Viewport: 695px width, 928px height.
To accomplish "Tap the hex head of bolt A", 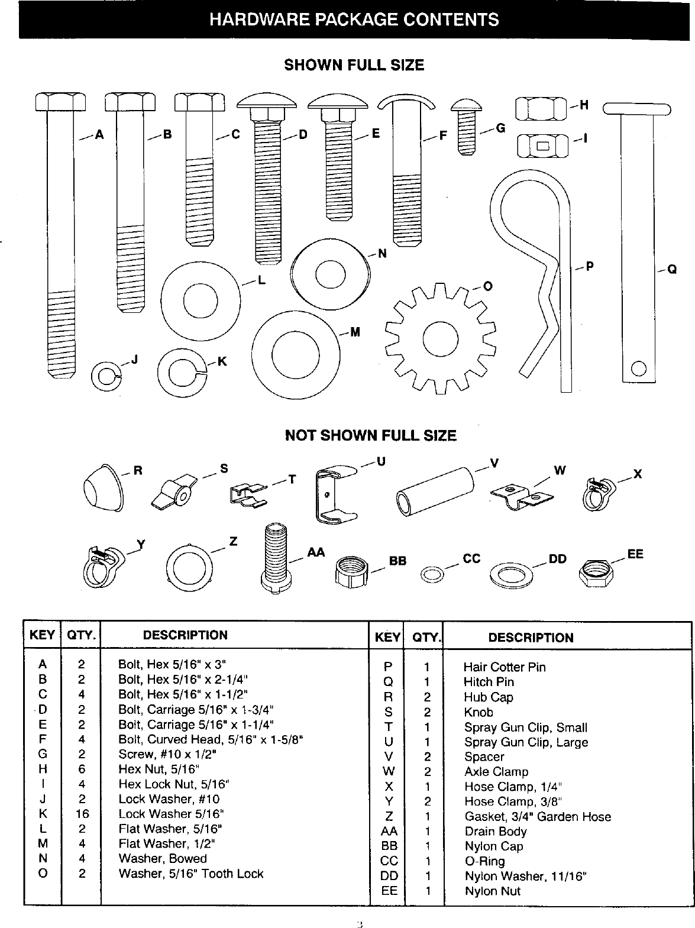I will click(60, 102).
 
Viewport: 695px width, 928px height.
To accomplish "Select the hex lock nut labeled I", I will click(542, 145).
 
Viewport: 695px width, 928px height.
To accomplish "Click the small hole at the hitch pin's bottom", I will click(638, 368).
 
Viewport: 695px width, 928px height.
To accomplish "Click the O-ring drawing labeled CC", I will click(432, 573).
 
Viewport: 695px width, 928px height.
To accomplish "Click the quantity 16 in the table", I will click(82, 814).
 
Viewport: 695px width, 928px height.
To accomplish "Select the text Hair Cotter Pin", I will click(504, 667).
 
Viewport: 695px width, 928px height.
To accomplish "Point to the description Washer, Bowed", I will click(163, 859).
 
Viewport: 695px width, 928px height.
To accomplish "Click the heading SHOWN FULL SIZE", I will click(354, 65).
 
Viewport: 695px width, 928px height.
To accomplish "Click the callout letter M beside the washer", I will click(355, 332).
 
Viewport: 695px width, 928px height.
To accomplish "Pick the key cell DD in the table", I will click(389, 876).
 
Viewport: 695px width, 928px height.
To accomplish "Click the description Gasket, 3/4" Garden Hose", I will click(538, 817).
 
